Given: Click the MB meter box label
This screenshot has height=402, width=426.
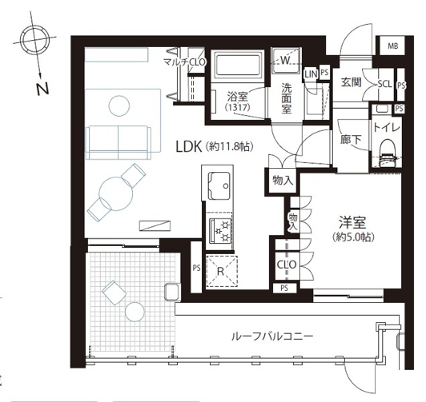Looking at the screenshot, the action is [392, 46].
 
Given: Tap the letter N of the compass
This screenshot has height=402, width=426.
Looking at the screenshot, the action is [43, 88].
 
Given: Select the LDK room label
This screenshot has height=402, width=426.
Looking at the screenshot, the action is [189, 147].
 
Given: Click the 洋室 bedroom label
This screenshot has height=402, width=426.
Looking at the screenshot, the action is [352, 222].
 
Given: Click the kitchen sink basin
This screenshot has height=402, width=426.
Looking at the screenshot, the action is [219, 186].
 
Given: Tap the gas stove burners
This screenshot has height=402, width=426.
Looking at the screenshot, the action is [220, 231].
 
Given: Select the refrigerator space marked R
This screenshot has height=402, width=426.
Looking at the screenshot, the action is [221, 271].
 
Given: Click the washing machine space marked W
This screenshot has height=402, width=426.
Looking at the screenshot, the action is [286, 60].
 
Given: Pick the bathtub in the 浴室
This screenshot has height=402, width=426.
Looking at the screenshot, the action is [237, 65].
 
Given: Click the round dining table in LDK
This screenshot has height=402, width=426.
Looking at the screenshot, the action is [116, 194].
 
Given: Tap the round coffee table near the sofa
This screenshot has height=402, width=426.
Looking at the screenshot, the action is [119, 106].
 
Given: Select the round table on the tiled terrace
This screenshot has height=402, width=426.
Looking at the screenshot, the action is [135, 312].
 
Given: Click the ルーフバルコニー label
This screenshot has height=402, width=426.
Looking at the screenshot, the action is [272, 336].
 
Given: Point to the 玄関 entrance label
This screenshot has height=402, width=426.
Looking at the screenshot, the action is [351, 82].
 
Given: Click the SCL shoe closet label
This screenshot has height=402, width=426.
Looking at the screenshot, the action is [385, 84].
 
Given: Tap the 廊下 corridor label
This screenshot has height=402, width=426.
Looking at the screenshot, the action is [351, 139].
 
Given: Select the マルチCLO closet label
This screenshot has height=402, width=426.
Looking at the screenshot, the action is [184, 62].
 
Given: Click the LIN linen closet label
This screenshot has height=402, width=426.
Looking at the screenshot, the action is [311, 74].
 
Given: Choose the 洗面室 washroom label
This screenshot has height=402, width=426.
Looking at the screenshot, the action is [286, 98].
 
